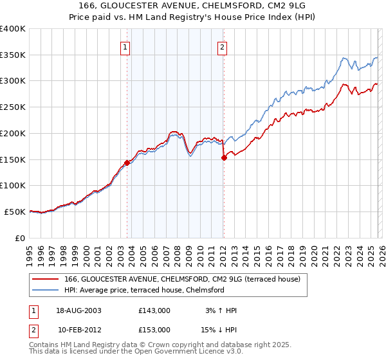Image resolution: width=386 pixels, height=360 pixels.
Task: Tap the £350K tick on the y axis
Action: [13, 55]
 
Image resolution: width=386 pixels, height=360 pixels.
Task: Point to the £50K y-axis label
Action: [15, 212]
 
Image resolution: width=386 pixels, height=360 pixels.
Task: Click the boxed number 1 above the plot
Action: [125, 46]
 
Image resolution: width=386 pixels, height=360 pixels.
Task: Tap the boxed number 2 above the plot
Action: [222, 46]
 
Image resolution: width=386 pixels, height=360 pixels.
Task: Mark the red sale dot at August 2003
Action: [127, 163]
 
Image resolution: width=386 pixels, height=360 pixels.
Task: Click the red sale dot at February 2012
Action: [224, 157]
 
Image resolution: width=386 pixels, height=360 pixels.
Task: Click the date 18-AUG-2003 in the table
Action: [79, 310]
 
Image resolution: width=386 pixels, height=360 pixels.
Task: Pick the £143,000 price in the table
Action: [154, 310]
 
